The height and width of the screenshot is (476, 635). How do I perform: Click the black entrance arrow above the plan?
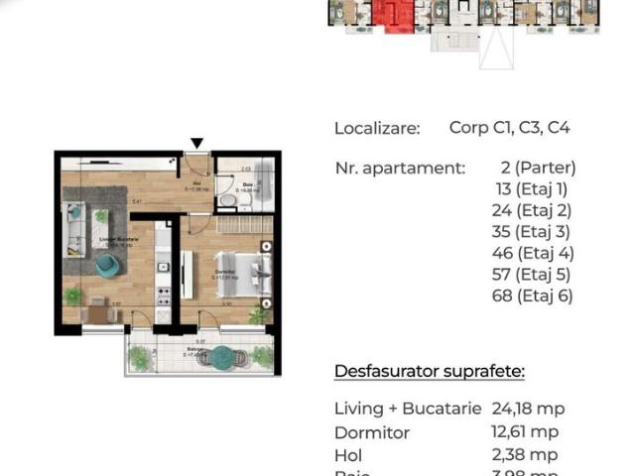(197, 143)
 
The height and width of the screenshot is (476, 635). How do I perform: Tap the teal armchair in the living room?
(105, 265)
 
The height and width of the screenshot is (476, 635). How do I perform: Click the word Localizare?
(377, 128)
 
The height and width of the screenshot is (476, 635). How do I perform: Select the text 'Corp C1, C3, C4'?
(509, 128)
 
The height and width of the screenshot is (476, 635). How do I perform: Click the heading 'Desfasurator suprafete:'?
(430, 372)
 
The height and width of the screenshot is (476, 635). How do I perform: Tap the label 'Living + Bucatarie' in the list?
(408, 409)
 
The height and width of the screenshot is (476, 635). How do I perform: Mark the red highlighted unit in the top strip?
(395, 15)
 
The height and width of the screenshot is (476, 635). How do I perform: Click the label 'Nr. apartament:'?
(399, 168)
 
